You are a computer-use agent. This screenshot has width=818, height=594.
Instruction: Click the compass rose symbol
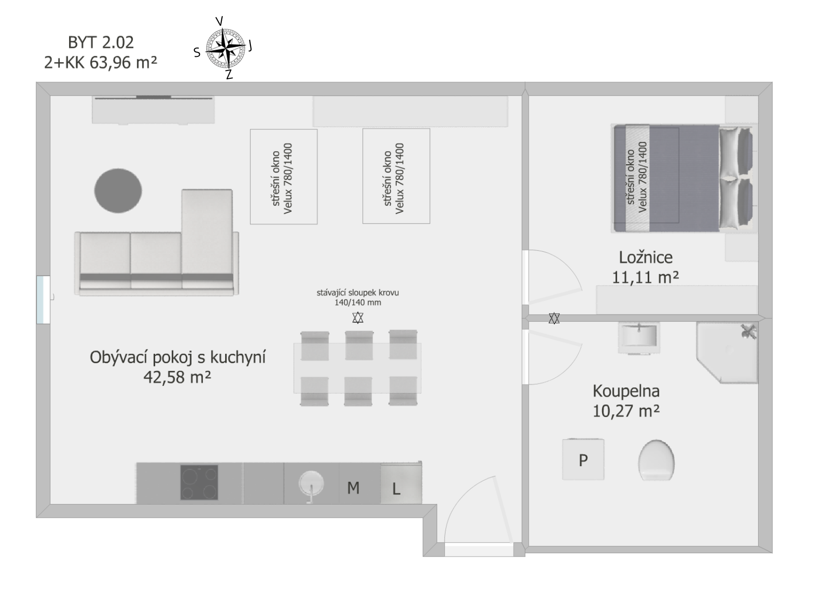pyautogui.click(x=226, y=48)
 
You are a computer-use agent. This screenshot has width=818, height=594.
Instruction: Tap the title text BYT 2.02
pyautogui.click(x=101, y=43)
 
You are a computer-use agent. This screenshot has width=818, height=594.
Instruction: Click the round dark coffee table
pyautogui.click(x=118, y=191)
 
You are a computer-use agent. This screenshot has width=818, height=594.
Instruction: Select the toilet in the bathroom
pyautogui.click(x=656, y=460)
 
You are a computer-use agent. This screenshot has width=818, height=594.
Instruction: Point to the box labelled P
pyautogui.click(x=583, y=459)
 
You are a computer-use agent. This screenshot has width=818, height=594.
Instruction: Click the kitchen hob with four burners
pyautogui.click(x=199, y=482)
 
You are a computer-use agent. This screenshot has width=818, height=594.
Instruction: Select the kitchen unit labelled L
pyautogui.click(x=401, y=484)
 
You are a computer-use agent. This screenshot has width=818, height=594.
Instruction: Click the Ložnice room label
pyautogui.click(x=646, y=258)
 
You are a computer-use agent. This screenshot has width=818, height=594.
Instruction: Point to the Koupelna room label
pyautogui.click(x=626, y=391)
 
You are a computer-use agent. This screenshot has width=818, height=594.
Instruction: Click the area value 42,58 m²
pyautogui.click(x=177, y=377)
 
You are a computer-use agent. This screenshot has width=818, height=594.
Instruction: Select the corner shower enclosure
pyautogui.click(x=727, y=352)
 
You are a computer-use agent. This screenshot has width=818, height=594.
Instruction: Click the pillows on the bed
pyautogui.click(x=735, y=178)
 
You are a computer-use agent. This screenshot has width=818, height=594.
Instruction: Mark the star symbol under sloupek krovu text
pyautogui.click(x=358, y=317)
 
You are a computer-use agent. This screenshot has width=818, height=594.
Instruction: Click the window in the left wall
pyautogui.click(x=43, y=300)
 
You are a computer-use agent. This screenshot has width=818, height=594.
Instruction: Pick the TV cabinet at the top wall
pyautogui.click(x=153, y=109)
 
